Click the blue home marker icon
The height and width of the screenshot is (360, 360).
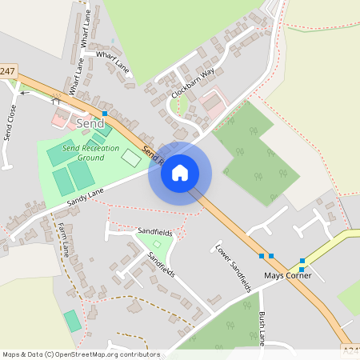(180, 173)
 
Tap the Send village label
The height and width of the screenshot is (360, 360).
(90, 123)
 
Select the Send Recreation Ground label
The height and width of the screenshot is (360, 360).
(84, 153)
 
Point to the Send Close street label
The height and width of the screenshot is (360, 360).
(10, 122)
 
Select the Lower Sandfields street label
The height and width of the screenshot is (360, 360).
(234, 266)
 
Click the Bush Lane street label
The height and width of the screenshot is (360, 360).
(262, 329)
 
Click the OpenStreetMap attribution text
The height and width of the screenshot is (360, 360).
(81, 354)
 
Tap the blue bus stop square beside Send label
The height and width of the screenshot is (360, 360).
(104, 114)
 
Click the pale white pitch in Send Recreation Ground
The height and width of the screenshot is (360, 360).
(130, 157)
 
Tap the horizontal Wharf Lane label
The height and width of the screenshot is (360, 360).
(113, 62)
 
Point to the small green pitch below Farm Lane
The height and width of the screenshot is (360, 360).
(72, 321)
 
